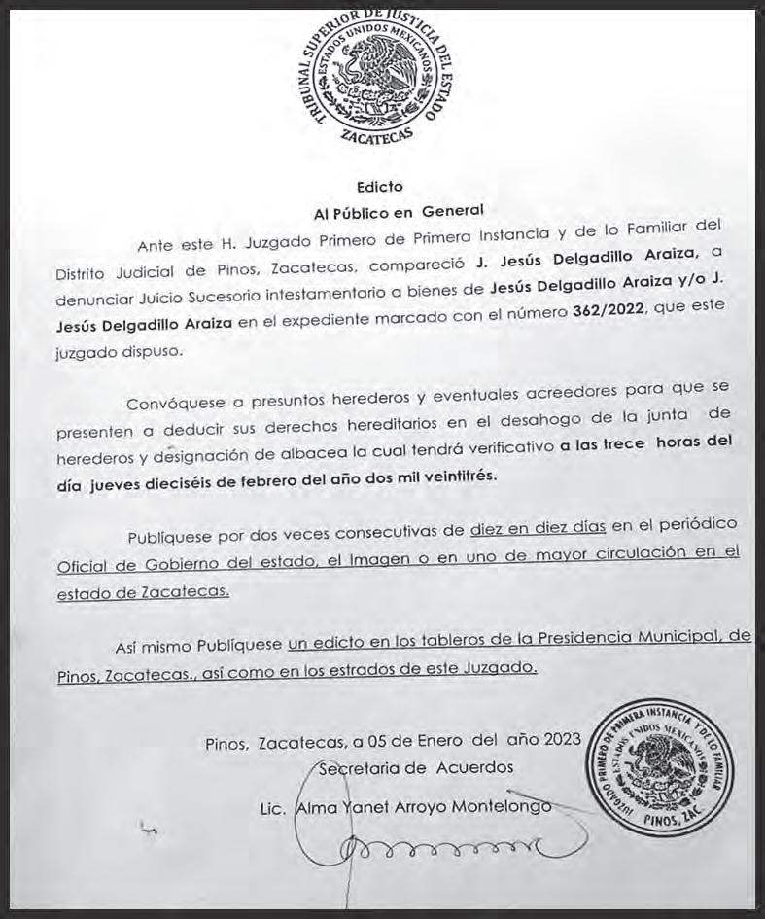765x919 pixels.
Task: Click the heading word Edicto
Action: click(378, 186)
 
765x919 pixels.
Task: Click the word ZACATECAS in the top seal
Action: click(379, 140)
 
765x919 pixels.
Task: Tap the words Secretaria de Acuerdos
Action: click(416, 767)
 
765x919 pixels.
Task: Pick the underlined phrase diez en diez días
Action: click(538, 529)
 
